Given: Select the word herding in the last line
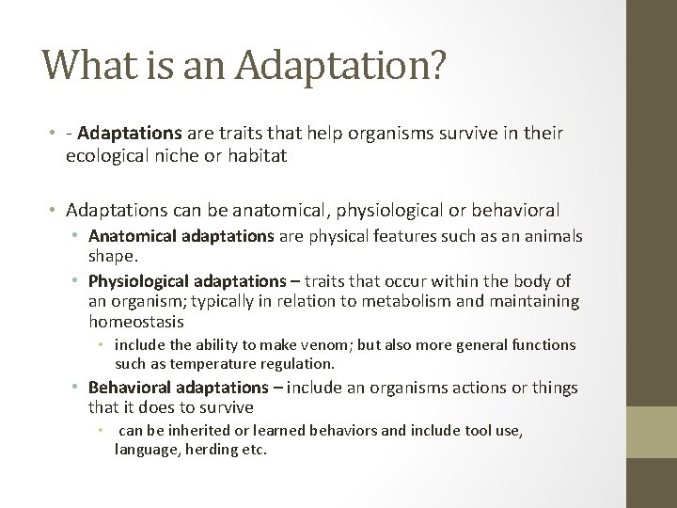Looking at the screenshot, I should (x=213, y=450).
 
